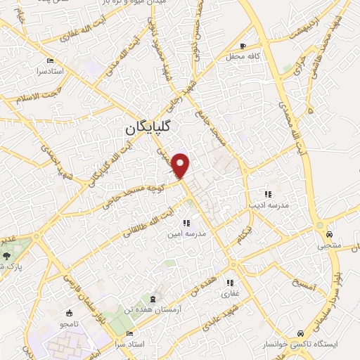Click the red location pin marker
click(182, 165)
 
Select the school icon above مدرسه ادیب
click(267, 193)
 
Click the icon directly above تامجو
click(68, 313)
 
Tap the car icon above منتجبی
click(329, 234)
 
